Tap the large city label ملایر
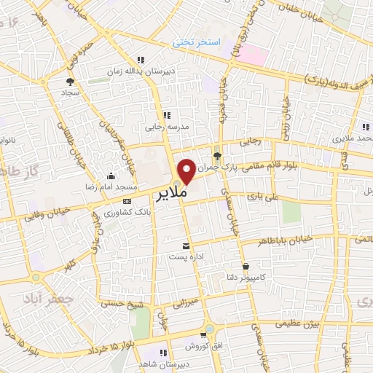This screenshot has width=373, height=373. click(171, 194)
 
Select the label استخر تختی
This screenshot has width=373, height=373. click(196, 42)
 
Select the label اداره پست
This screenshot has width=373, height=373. click(188, 256)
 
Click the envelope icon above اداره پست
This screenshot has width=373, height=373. click(188, 245)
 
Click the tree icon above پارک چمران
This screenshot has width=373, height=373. click(217, 154)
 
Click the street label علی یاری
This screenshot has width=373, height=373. click(263, 196)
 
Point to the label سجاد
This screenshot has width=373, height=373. click(70, 93)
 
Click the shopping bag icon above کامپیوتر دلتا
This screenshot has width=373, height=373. click(248, 267)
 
